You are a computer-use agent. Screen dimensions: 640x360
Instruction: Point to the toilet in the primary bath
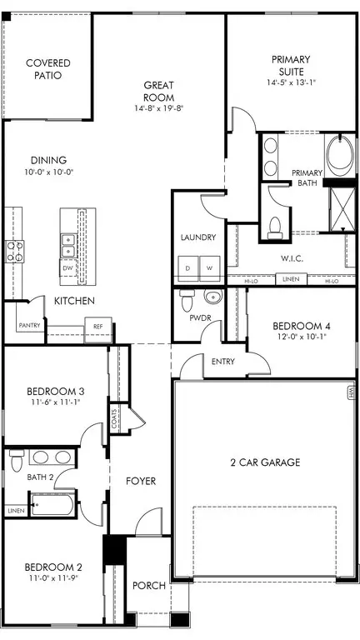(274, 227)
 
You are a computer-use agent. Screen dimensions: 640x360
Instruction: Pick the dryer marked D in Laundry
(188, 267)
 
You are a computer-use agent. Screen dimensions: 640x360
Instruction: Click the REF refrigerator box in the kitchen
(98, 327)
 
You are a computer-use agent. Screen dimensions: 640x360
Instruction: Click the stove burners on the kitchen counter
(15, 251)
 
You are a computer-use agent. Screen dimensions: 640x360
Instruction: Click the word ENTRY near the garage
(223, 361)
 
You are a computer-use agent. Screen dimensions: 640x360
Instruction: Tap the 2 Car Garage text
(264, 462)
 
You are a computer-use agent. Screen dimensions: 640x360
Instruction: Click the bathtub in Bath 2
(52, 504)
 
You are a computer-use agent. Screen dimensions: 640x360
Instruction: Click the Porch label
(150, 586)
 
